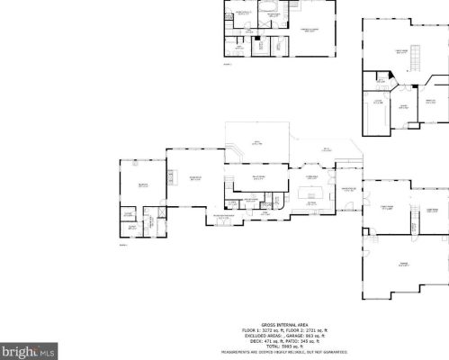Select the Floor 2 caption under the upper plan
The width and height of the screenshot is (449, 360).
click(227, 65)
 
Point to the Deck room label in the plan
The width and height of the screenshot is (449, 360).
click(256, 142)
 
